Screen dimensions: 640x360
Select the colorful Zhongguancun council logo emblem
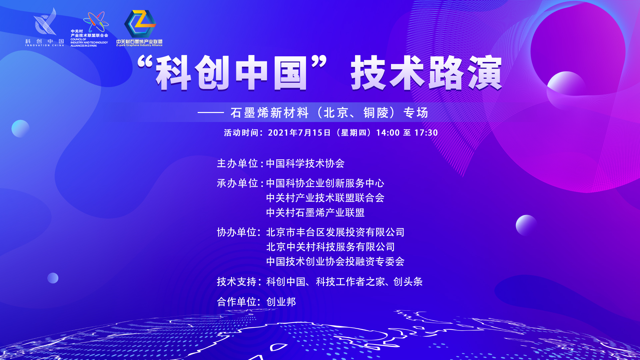point(96,22)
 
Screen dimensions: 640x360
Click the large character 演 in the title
point(484,73)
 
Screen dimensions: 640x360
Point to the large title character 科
point(173,73)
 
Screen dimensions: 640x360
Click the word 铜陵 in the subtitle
point(376,113)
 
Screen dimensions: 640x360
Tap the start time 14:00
point(388,133)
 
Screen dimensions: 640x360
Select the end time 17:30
point(426,133)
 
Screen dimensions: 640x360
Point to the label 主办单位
point(238,163)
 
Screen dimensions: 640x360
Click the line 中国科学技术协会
point(305,163)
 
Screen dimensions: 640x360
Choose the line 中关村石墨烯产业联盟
point(315,212)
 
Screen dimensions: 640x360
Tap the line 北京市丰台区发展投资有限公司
point(335,232)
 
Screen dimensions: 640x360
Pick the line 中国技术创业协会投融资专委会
point(335,261)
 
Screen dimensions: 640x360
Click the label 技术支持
point(237,282)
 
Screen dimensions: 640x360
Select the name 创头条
point(408,282)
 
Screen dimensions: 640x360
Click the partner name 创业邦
point(281,302)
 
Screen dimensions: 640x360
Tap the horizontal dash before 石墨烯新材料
point(211,113)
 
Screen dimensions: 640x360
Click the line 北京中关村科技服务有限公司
point(330,247)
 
